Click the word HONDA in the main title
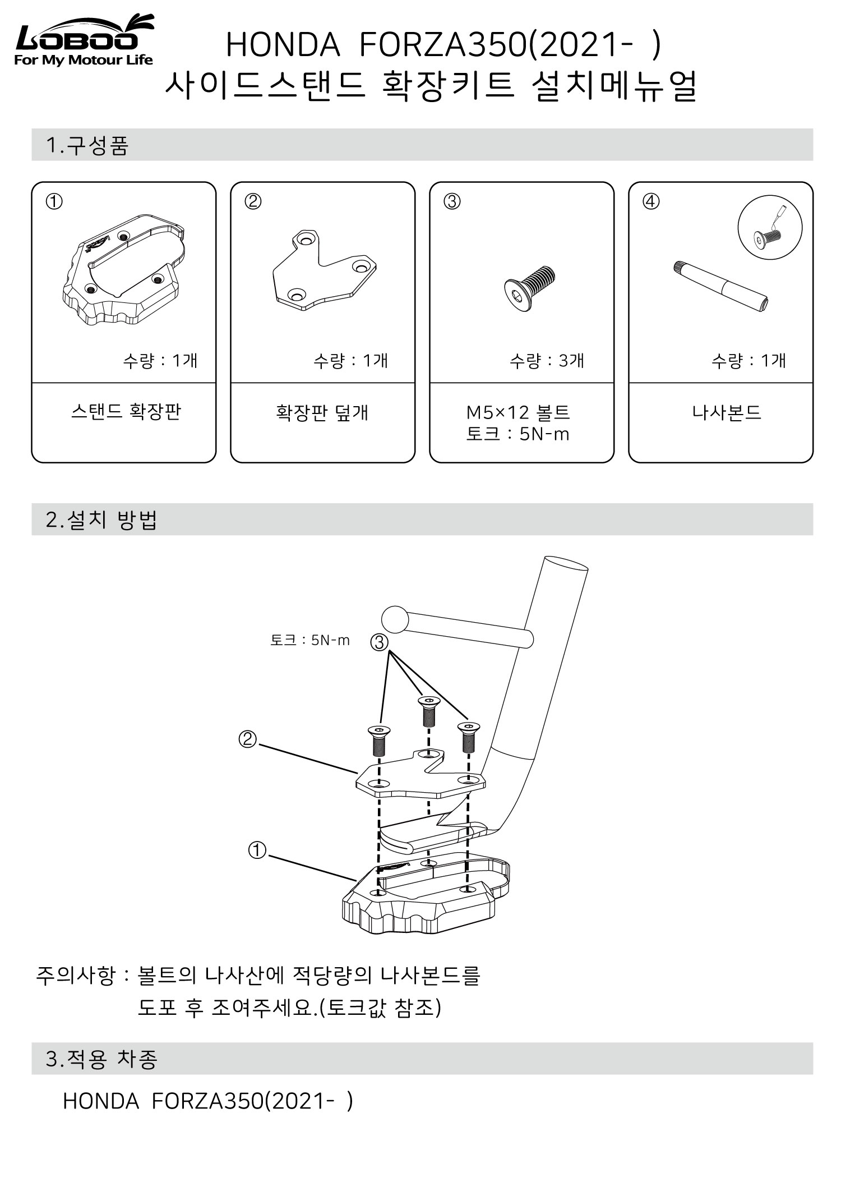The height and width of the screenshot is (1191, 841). tap(283, 45)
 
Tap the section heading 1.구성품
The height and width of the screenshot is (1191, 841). tap(87, 145)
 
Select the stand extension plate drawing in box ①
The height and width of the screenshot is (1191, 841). tap(123, 270)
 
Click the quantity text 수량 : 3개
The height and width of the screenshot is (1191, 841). tap(547, 361)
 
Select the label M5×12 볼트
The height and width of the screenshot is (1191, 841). tap(518, 413)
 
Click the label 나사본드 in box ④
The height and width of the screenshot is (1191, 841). tap(727, 413)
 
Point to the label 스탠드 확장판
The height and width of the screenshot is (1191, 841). tap(126, 412)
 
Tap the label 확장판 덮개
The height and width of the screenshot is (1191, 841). tap(322, 413)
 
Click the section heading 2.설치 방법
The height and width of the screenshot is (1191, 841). tap(101, 520)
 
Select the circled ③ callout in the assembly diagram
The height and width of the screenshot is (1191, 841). tap(380, 642)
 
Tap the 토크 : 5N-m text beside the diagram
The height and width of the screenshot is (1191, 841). tap(309, 640)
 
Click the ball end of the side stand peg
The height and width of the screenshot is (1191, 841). tap(395, 619)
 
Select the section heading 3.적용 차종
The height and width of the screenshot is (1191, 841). tap(101, 1059)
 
